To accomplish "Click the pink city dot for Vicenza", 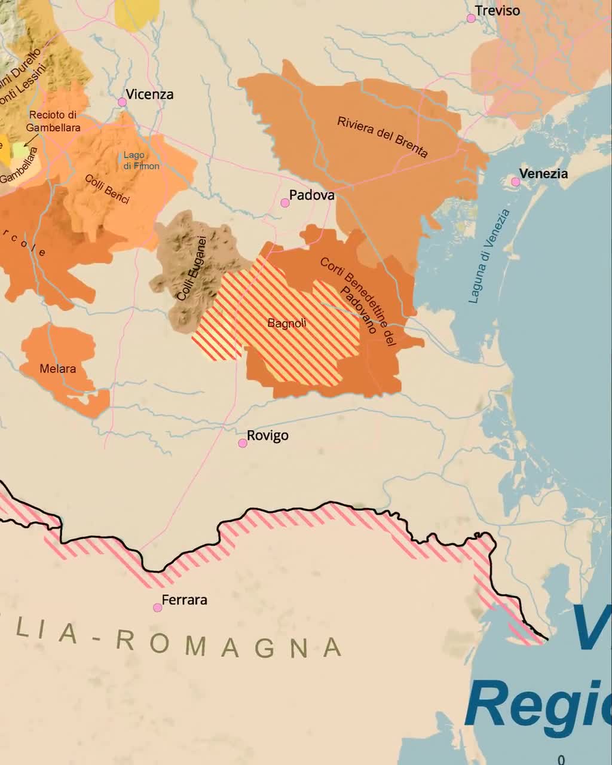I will click(x=122, y=102).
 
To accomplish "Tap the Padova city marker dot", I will click(x=285, y=203).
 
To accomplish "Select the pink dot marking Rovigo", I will click(x=243, y=443).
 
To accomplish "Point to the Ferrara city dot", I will click(x=158, y=608).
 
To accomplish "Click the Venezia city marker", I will click(x=516, y=182).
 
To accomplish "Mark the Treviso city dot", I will click(x=471, y=19).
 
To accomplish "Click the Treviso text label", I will click(x=497, y=11).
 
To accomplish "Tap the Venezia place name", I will click(x=543, y=174).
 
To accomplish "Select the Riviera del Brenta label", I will click(x=382, y=137).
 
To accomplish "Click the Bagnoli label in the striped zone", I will click(x=287, y=323).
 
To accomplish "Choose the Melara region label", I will click(x=58, y=369).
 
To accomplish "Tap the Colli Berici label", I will click(x=107, y=189).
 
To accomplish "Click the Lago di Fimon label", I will click(x=141, y=160).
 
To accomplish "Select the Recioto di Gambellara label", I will click(x=53, y=121).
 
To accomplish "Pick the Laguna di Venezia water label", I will click(x=489, y=256).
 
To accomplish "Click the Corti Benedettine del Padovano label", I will click(x=359, y=302).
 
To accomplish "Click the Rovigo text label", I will click(x=268, y=436).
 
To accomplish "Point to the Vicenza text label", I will click(x=150, y=94).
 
